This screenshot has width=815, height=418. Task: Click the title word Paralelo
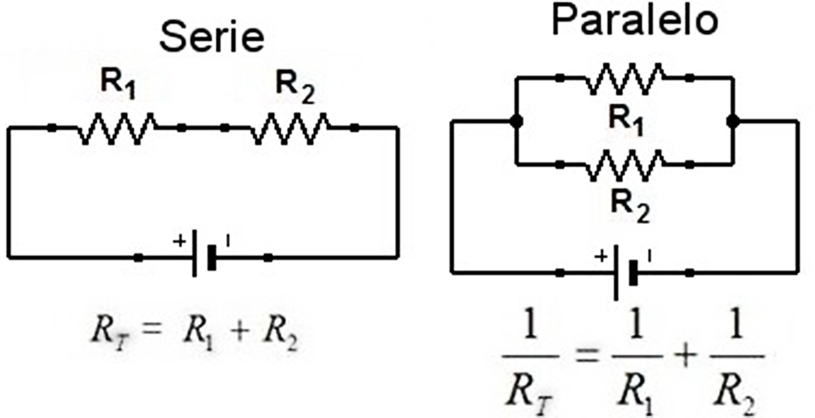(x=634, y=22)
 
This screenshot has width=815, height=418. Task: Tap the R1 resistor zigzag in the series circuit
(x=117, y=128)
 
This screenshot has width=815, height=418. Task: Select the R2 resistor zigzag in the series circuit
(x=290, y=128)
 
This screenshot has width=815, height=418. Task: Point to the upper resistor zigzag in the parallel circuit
(x=624, y=78)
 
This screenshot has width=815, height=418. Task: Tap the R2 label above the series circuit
(x=295, y=87)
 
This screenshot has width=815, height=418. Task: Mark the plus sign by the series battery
(x=179, y=241)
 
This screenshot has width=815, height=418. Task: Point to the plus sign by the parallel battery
(x=602, y=255)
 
